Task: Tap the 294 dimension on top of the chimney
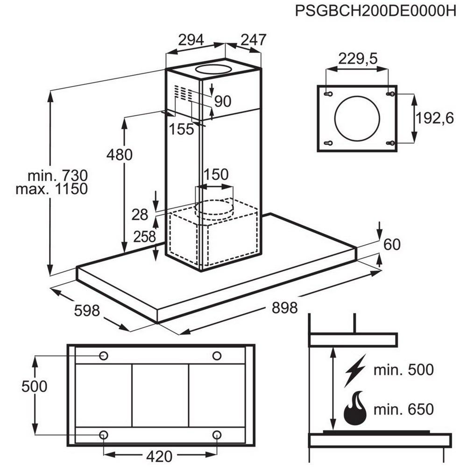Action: pos(191,40)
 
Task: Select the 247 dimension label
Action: pos(253,40)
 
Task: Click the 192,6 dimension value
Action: pos(435,119)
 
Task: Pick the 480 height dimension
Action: pos(119,154)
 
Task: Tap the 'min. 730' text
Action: pos(57,176)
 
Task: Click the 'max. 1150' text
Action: pos(51,189)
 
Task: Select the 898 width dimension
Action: pos(284,308)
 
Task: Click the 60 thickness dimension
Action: pos(392,244)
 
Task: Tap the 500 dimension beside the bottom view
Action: pos(35,387)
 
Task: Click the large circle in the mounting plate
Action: pos(357,118)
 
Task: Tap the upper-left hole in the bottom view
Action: pos(104,356)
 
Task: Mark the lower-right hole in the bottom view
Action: pos(217,435)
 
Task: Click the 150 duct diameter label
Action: pos(215,175)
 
